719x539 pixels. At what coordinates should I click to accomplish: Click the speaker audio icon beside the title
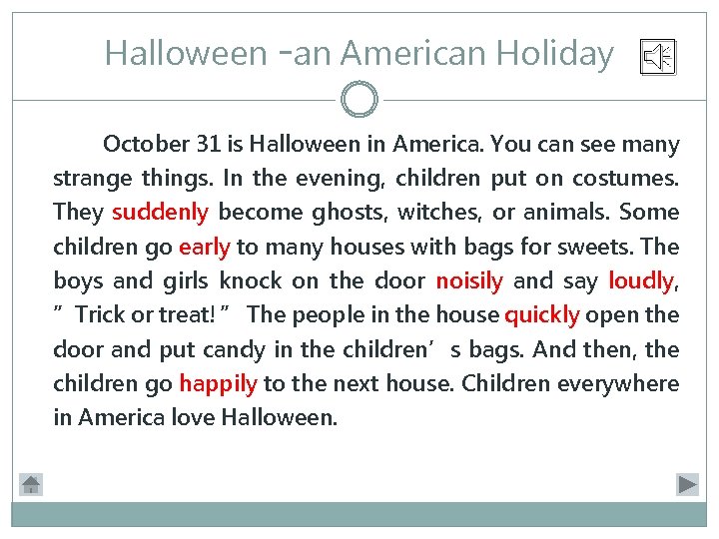[x=658, y=58]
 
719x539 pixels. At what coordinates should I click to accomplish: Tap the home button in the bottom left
[x=31, y=484]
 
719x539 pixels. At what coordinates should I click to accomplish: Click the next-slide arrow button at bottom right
[x=687, y=484]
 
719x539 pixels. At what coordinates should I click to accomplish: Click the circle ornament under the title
[x=359, y=100]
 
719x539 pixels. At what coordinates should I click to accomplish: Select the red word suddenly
[x=160, y=212]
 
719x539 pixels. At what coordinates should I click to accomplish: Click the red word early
[x=204, y=247]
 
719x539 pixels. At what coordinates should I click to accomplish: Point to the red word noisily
[x=468, y=280]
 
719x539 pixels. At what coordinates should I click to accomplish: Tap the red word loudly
[x=640, y=280]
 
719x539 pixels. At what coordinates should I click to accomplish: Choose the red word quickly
[x=542, y=315]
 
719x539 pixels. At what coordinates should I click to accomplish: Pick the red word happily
[x=218, y=383]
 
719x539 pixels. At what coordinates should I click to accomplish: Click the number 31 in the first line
[x=209, y=144]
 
